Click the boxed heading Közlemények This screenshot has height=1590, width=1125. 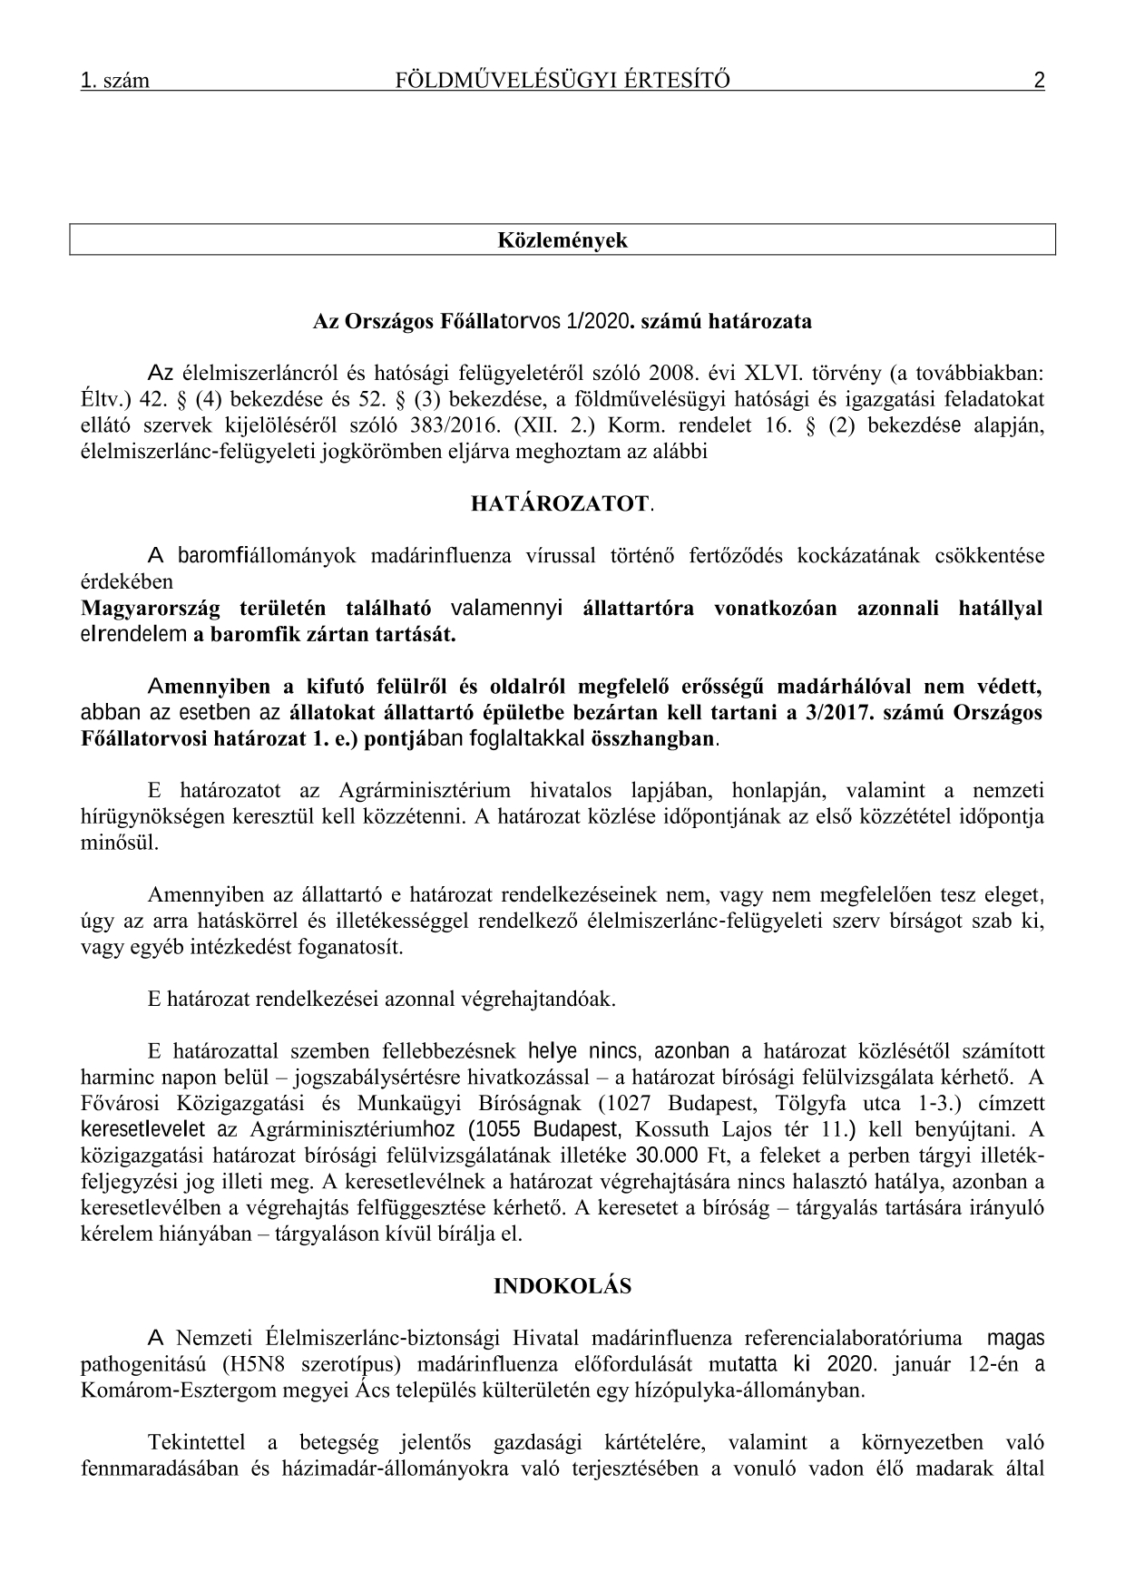[562, 240]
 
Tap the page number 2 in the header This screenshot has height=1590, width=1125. [1039, 81]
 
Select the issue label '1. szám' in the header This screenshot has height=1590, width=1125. [115, 82]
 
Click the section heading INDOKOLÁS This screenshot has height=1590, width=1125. [562, 1286]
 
